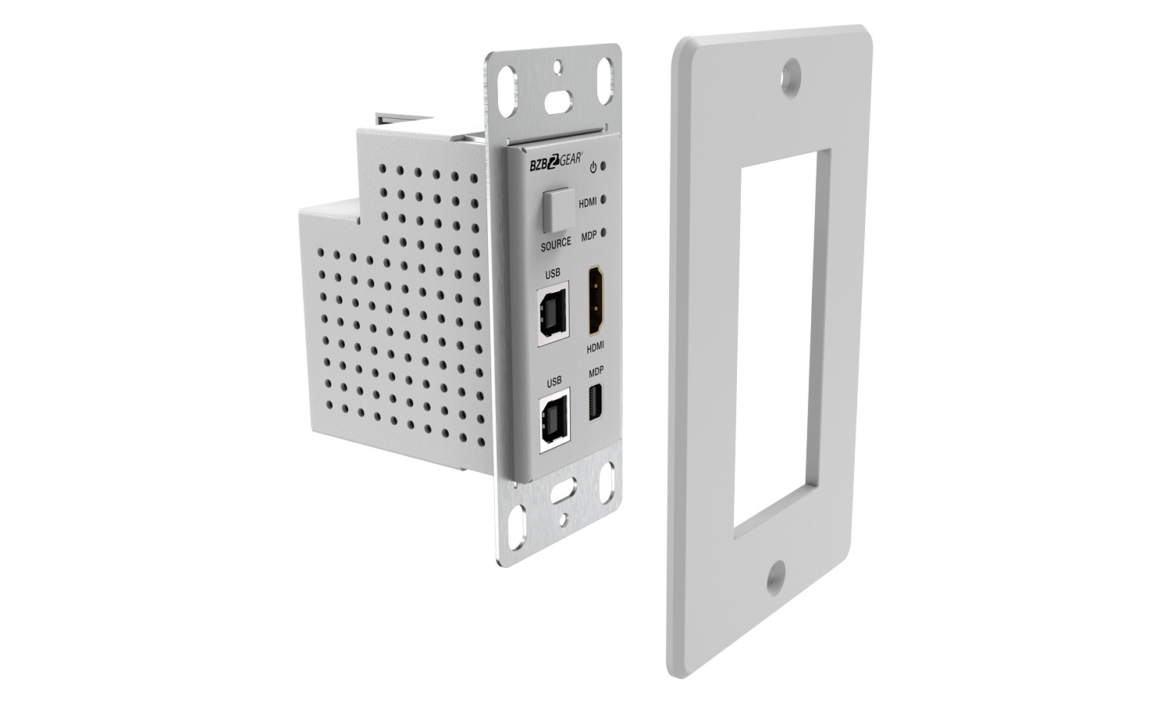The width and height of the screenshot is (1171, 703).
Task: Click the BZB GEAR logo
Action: point(556,163)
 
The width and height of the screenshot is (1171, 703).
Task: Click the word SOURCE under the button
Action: point(556,244)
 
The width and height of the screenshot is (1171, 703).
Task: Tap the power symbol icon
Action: point(593,168)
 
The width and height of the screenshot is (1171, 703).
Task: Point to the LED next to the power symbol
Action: point(603,166)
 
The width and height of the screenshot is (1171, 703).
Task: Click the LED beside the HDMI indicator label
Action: point(603,199)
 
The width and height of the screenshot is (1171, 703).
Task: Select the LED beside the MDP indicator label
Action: point(603,232)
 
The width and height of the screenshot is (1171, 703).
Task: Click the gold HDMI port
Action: point(596,300)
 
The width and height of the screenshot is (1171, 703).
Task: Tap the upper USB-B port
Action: point(553,314)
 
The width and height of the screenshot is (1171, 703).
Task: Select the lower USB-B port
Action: point(554,420)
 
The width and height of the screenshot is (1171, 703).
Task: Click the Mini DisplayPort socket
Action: point(596,402)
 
